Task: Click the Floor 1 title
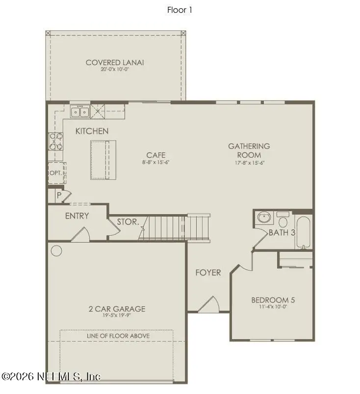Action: point(180,10)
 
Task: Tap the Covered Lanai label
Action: point(115,62)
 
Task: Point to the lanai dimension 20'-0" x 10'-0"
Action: point(115,70)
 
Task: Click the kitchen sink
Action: point(79,112)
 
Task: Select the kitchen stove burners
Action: point(56,141)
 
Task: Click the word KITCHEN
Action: point(92,131)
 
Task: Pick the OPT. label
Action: point(55,173)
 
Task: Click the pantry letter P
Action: point(59,195)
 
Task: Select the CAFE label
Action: point(155,155)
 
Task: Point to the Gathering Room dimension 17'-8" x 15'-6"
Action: point(249,163)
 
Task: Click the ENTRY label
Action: point(77,216)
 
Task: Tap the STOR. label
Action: point(128,222)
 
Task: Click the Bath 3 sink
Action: point(263,217)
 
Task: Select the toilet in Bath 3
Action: point(283,218)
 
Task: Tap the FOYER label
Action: point(208,272)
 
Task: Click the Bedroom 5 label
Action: point(273,300)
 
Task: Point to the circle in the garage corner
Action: point(56,251)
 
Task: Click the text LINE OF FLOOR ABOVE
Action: point(118,336)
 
